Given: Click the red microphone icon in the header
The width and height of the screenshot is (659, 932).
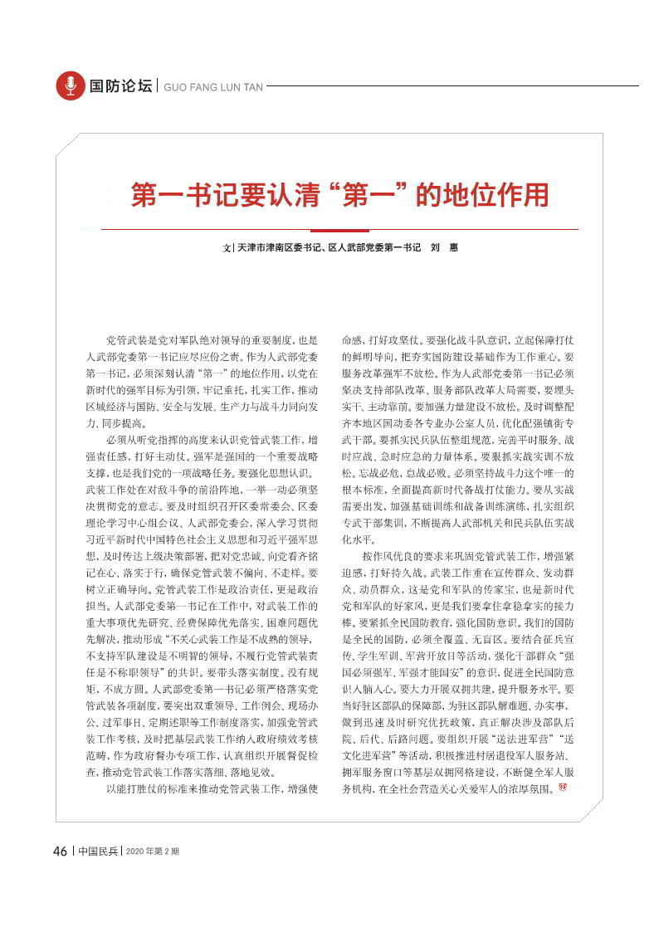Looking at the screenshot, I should tap(70, 85).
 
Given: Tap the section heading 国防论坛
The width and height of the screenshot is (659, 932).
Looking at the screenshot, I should tap(121, 85).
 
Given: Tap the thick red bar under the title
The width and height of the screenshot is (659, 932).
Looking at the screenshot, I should tap(340, 229).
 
